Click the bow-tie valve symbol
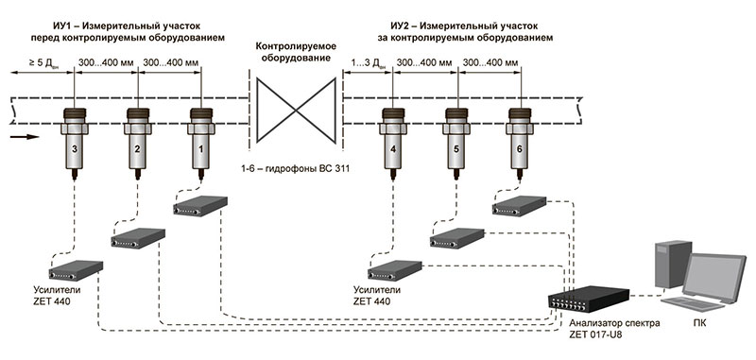(x=296, y=111)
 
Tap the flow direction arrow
(x=24, y=137)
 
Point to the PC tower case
(x=670, y=263)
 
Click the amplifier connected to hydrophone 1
(x=200, y=206)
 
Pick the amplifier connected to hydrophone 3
(x=76, y=270)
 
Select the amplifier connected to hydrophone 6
(x=519, y=206)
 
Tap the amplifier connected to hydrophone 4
(x=395, y=270)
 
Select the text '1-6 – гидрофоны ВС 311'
(x=295, y=169)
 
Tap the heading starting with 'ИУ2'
(x=464, y=31)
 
